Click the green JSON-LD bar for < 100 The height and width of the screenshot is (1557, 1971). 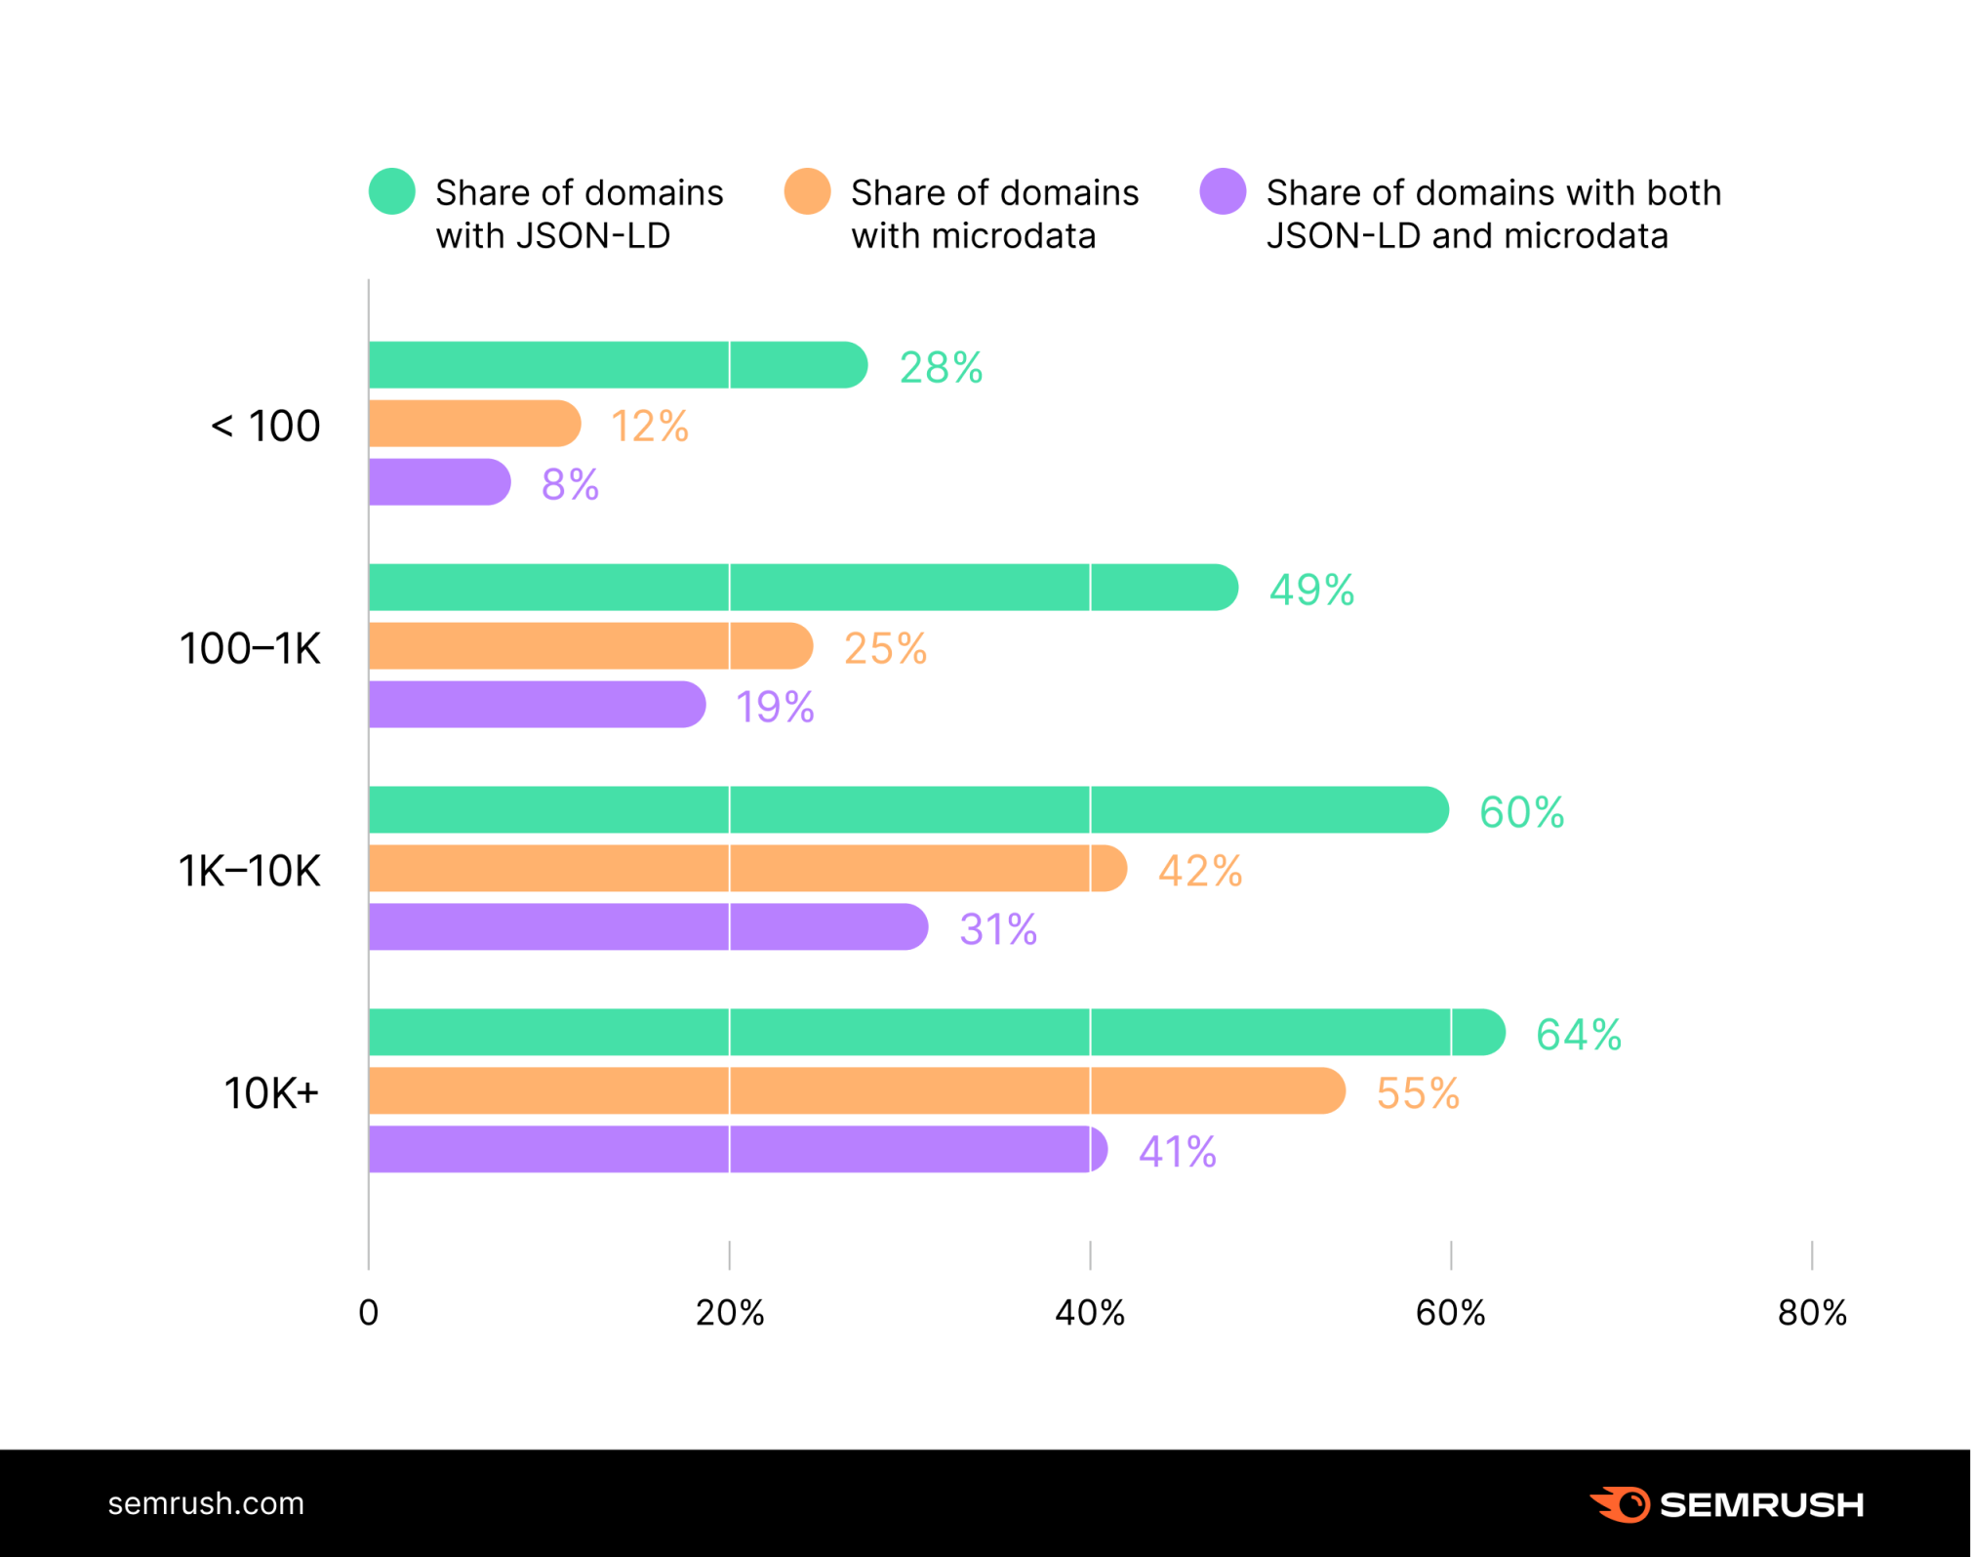[617, 365]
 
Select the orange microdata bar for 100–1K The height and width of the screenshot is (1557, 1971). [590, 646]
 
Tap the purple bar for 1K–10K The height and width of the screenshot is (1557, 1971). [648, 926]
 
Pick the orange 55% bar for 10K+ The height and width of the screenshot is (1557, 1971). [857, 1090]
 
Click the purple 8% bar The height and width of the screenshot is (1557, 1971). [439, 482]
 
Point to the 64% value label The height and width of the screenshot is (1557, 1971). [1578, 1034]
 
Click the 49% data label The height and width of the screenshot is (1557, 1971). [1311, 590]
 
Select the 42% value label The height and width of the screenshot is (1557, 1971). [1199, 870]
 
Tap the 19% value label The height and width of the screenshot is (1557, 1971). [775, 707]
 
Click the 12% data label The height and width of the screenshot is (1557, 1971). [650, 426]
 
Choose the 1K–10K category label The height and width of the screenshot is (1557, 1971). [249, 870]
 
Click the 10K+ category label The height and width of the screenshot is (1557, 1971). [271, 1092]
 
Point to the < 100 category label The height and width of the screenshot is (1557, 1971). [265, 426]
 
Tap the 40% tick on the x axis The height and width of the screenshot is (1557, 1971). [1090, 1313]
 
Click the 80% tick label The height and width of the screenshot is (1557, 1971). [1812, 1313]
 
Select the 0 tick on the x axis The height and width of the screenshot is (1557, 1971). [369, 1313]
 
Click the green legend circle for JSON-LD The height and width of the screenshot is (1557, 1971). [392, 191]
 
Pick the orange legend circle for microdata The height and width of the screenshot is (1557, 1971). [808, 191]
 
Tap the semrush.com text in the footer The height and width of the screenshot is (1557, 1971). [206, 1503]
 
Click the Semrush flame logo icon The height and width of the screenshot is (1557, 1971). [1621, 1504]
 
